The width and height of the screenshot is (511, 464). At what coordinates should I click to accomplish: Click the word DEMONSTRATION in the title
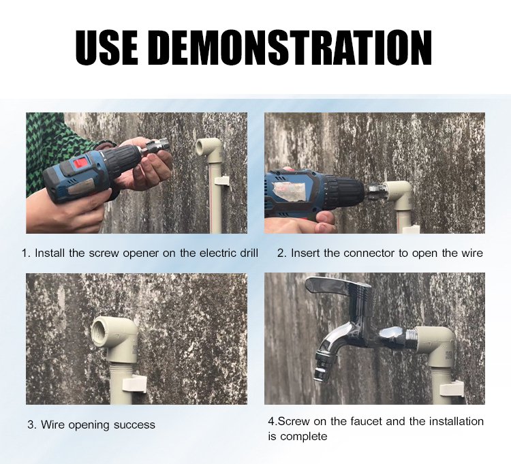point(292,47)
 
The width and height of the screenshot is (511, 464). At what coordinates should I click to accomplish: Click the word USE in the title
point(106,47)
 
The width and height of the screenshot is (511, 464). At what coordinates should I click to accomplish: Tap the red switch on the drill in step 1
point(80,164)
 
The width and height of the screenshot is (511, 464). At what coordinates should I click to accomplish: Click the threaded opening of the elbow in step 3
point(102,330)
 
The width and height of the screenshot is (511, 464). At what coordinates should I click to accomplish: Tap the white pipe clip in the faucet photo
point(451,389)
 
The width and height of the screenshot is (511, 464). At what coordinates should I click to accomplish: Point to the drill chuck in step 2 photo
point(347,190)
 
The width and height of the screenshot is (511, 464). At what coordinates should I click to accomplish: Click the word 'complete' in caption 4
point(303,437)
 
